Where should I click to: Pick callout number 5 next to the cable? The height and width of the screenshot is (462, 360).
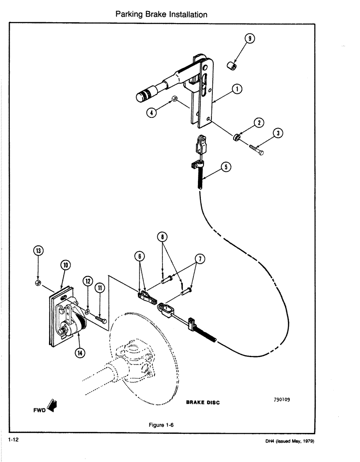click(x=226, y=167)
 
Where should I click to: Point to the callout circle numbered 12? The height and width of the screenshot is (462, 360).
click(x=88, y=281)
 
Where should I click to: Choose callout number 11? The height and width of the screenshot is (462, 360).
click(x=101, y=289)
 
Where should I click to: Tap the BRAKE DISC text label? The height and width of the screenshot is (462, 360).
click(x=203, y=402)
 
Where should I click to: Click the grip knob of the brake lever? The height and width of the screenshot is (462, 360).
click(x=144, y=96)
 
